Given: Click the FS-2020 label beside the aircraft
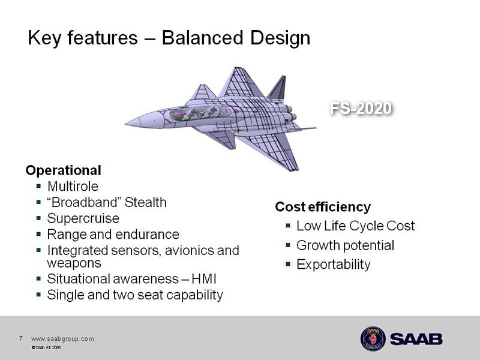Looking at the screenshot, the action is click(x=361, y=108).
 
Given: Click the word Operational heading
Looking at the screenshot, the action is click(x=64, y=170).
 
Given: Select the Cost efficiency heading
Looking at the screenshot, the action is click(x=323, y=207).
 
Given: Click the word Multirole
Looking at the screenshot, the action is click(x=73, y=186).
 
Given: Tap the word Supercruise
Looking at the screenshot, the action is click(x=83, y=218).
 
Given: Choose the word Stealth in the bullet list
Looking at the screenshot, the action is click(x=146, y=202).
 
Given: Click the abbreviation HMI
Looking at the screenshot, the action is click(x=204, y=279).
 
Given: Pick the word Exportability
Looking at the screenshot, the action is click(x=334, y=265).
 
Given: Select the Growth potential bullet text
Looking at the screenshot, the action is click(x=346, y=245).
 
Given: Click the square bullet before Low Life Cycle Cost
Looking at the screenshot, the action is click(x=288, y=226).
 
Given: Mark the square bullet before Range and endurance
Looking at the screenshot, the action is click(x=38, y=234).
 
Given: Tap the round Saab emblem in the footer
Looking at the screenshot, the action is click(x=373, y=338).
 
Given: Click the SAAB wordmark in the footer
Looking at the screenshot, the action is click(x=416, y=339).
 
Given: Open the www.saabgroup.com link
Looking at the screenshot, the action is click(x=62, y=339).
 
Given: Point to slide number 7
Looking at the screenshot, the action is click(x=20, y=338).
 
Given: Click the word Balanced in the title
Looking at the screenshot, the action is click(x=202, y=38).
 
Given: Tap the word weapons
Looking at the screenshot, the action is click(x=74, y=263).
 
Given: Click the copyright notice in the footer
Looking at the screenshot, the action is click(x=46, y=347).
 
